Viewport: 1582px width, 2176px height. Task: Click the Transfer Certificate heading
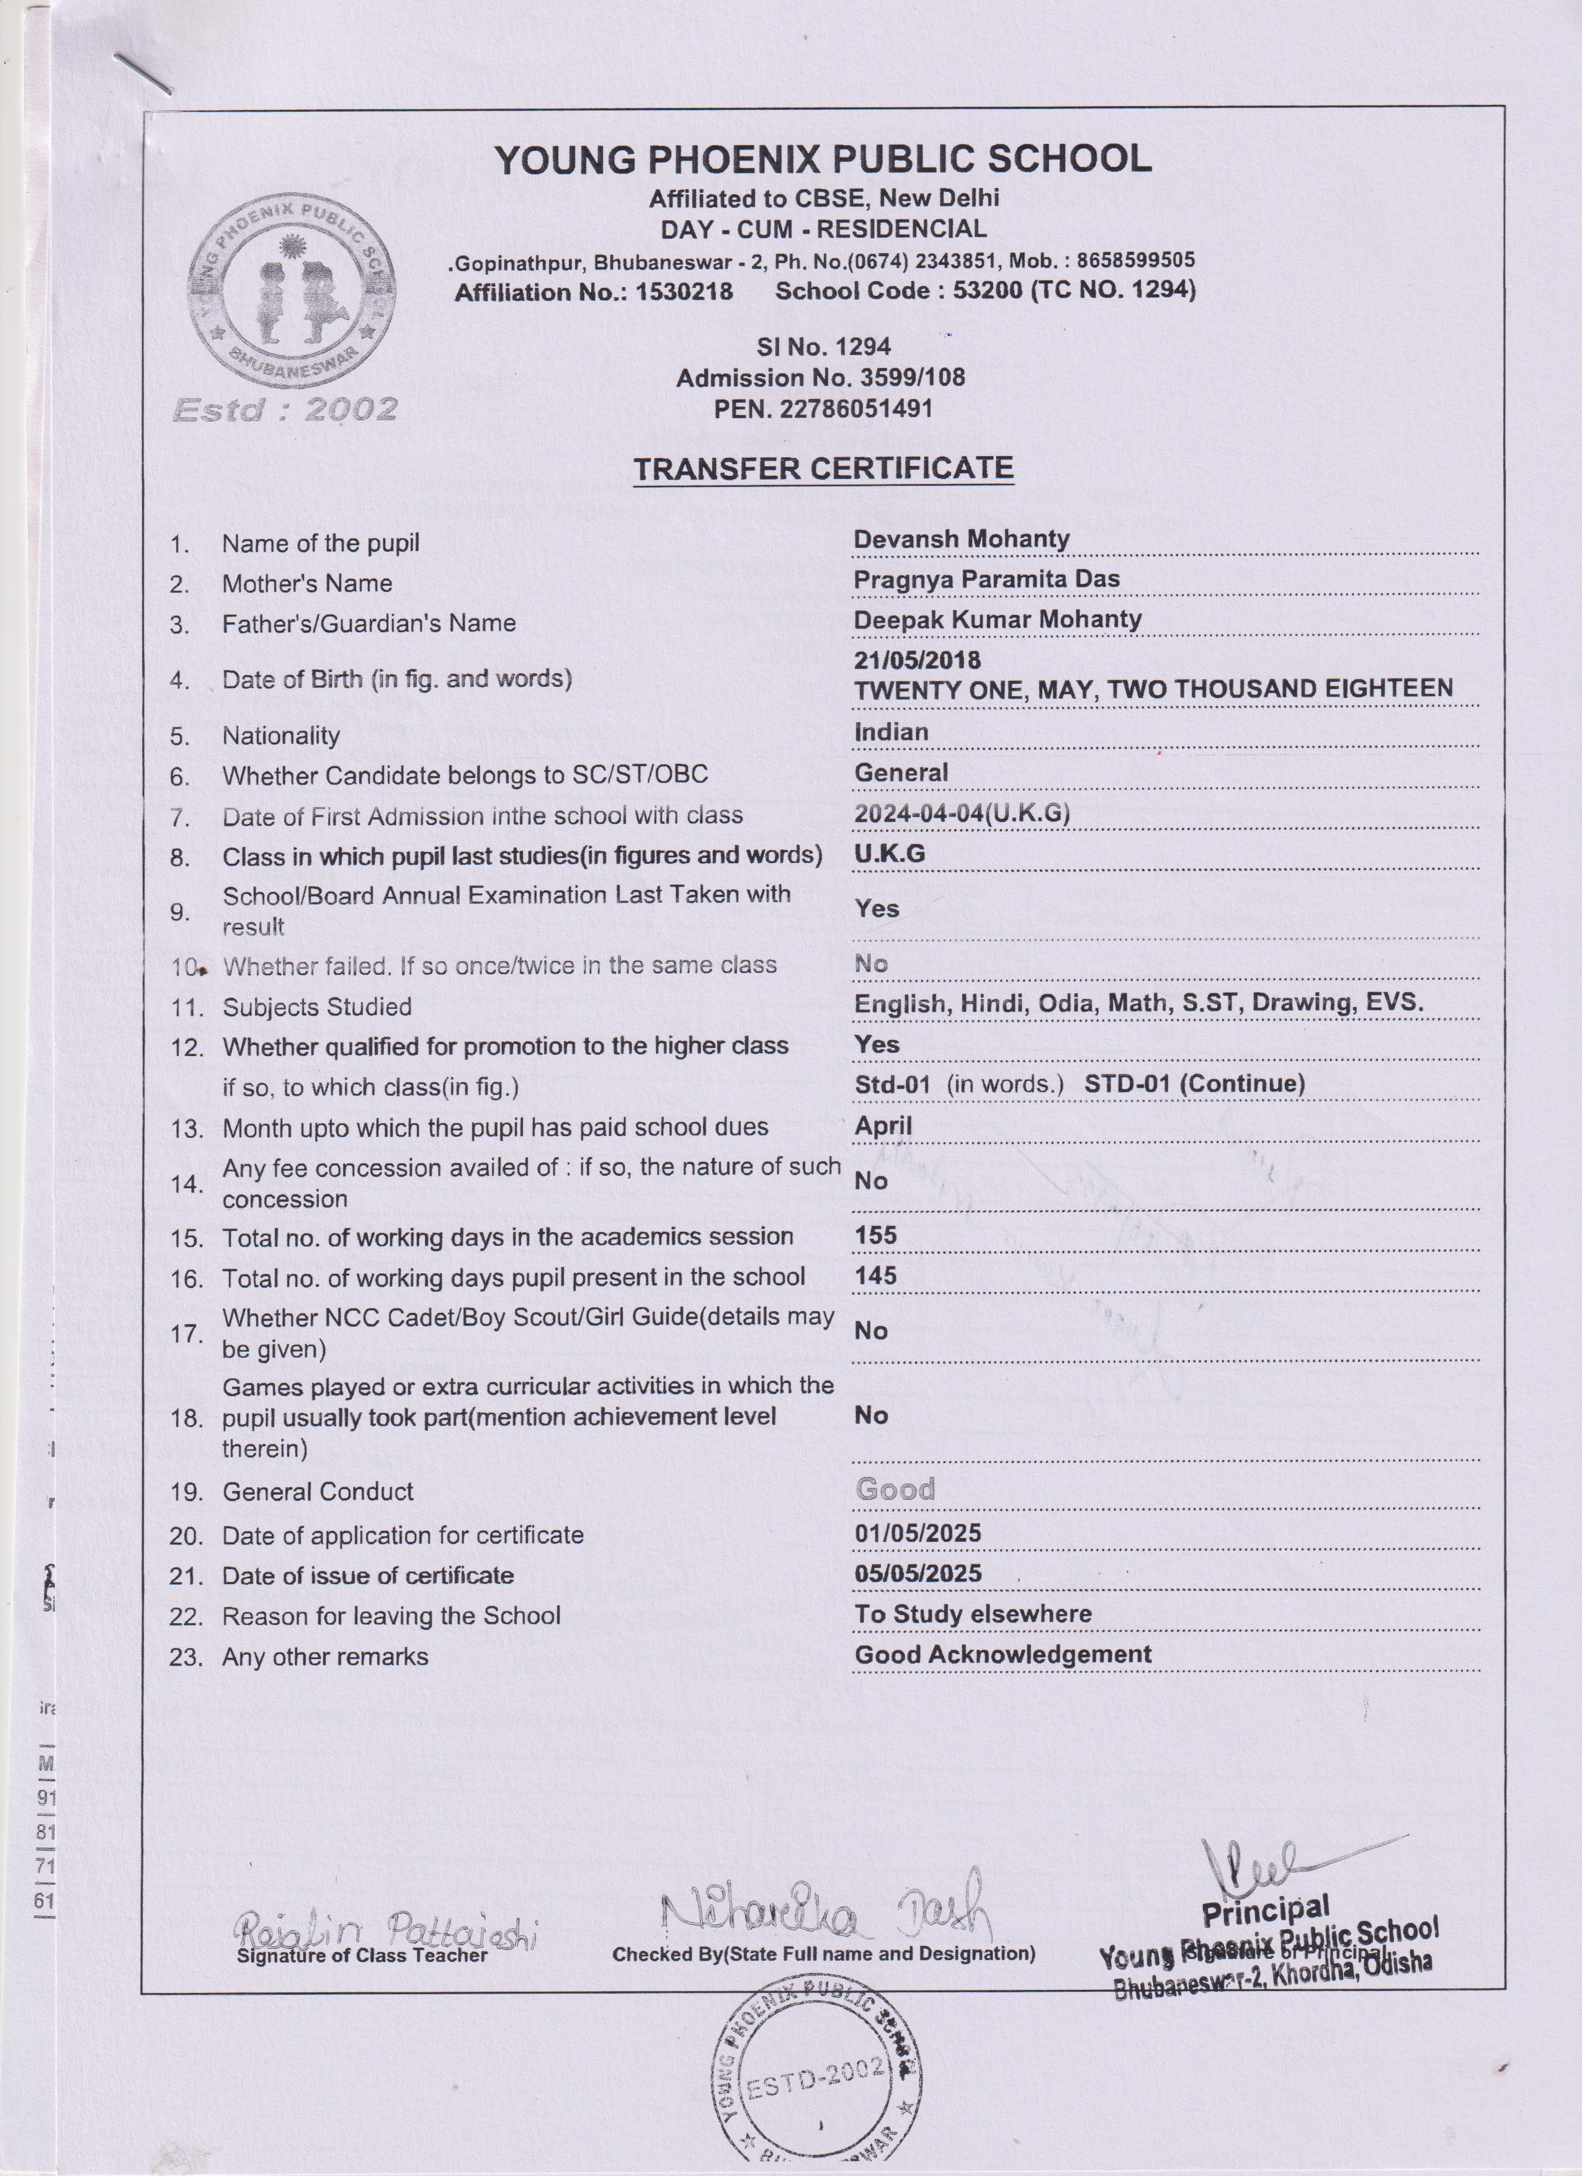(823, 468)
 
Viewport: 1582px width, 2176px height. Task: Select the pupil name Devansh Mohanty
(961, 539)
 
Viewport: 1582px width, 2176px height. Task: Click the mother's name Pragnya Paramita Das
(986, 580)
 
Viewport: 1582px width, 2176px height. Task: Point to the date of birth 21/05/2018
(917, 660)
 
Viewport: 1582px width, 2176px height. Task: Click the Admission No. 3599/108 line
(820, 378)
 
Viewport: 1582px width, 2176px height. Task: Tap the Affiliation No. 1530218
(594, 292)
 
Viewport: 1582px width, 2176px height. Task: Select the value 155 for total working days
(875, 1236)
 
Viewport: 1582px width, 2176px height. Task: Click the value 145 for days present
(875, 1276)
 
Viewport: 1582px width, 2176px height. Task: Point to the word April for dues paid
(883, 1126)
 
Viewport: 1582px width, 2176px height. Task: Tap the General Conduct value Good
(894, 1489)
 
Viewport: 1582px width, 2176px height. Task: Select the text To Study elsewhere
(973, 1614)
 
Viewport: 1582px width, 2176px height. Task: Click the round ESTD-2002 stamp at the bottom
(815, 2082)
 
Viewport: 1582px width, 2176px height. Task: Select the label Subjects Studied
(316, 1006)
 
